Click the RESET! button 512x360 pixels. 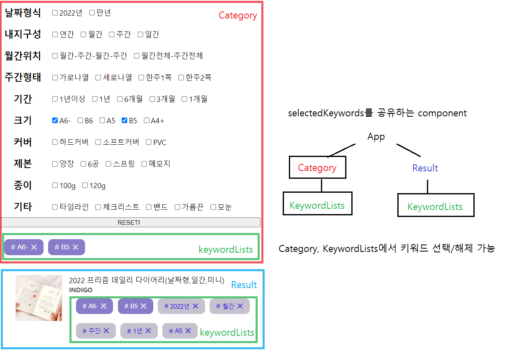pos(131,222)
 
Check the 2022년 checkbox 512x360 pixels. pos(55,13)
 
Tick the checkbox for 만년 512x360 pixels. pos(92,13)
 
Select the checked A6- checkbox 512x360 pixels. pos(55,120)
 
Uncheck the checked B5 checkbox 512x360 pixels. pos(125,120)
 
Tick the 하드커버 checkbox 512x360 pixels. pos(55,142)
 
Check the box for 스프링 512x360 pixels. pos(108,164)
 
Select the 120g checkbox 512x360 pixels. pos(85,185)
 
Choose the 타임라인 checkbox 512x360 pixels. pos(55,207)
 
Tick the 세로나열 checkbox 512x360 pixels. pos(98,77)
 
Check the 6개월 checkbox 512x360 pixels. pos(120,99)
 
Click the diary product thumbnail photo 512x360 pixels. pos(39,298)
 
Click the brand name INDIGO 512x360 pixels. pos(81,290)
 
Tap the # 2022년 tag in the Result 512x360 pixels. pos(177,306)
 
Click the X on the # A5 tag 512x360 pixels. pos(188,330)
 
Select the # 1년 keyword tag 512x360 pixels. pos(134,331)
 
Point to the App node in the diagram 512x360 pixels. pos(376,137)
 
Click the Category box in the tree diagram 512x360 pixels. pos(317,168)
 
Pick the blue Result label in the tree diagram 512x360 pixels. pos(425,168)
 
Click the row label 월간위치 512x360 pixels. pos(23,56)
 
